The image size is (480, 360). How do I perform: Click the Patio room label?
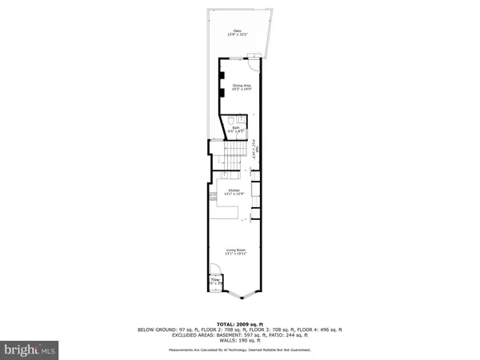[x=238, y=30]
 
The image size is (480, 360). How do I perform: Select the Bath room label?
[x=237, y=126]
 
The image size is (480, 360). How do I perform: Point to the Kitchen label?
[x=234, y=190]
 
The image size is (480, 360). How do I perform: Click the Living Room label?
[x=236, y=251]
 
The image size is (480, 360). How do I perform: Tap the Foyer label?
[x=215, y=279]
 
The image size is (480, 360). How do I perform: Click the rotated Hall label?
[x=254, y=149]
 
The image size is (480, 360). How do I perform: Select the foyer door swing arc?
[x=214, y=270]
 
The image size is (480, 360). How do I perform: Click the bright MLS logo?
[x=30, y=349]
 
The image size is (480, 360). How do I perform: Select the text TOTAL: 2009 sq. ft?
[x=239, y=323]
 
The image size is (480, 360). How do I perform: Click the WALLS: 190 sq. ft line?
[x=239, y=340]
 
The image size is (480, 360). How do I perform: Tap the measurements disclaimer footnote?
[x=239, y=350]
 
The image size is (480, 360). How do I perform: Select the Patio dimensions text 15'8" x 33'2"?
[x=238, y=35]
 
